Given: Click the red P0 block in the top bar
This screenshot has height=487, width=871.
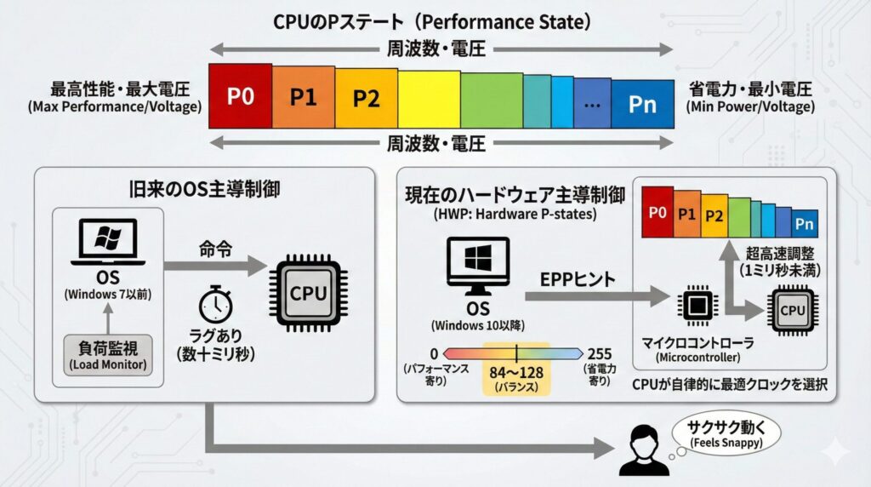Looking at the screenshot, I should coord(241,96).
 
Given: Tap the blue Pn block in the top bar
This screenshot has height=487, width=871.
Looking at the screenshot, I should coord(642,104).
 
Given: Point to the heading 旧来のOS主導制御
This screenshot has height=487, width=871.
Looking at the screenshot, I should coord(204,189).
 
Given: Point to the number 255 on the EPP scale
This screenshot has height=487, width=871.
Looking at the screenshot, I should coord(601,353).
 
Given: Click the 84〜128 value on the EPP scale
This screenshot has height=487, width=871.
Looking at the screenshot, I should coord(516,372).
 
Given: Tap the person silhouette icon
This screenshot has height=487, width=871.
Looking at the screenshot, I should coord(644,450).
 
